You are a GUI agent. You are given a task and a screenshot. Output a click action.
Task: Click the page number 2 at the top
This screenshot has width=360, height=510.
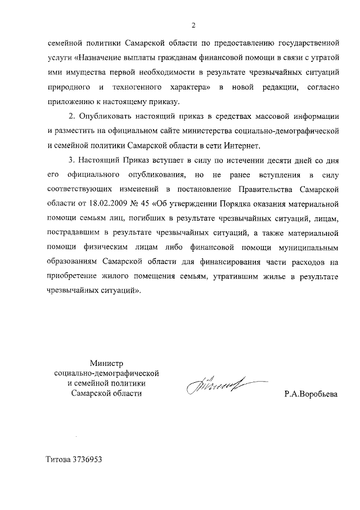click(192, 25)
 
